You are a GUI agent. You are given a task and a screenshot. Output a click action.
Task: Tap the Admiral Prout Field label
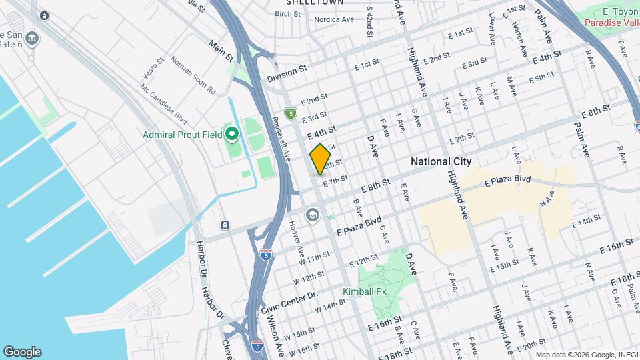[x=181, y=135]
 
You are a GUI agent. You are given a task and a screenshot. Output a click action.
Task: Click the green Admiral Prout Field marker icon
[x=231, y=135]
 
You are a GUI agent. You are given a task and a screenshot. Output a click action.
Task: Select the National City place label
[x=441, y=161]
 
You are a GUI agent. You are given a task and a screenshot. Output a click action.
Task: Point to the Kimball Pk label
[x=365, y=291]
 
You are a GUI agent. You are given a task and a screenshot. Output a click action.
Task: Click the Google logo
[x=22, y=352]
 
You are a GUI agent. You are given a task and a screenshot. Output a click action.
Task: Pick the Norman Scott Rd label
[x=193, y=75]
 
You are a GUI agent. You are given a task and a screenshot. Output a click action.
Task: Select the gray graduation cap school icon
[x=311, y=215]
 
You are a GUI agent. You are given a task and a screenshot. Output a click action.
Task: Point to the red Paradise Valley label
[x=612, y=23]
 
